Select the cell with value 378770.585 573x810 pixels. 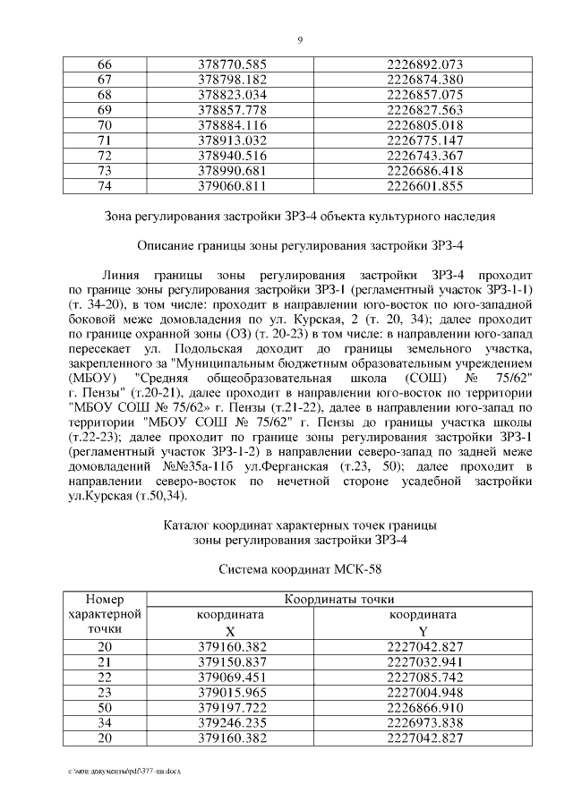[232, 65]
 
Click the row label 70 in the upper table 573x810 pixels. [104, 125]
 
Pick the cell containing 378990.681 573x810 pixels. [232, 171]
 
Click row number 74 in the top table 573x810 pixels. [104, 186]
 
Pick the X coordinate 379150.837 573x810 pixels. [232, 661]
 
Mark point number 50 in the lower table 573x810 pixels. [106, 707]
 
